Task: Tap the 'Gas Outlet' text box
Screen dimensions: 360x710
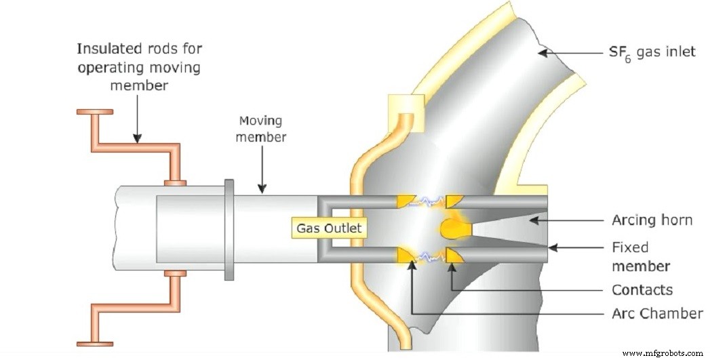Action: [x=330, y=228]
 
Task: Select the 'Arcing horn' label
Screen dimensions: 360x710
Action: [x=651, y=220]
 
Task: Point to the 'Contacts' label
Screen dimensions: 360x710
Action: [x=642, y=290]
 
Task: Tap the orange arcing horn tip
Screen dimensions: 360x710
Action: [x=452, y=228]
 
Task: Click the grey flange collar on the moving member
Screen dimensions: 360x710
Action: [x=229, y=228]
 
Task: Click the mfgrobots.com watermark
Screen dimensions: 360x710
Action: [x=663, y=353]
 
